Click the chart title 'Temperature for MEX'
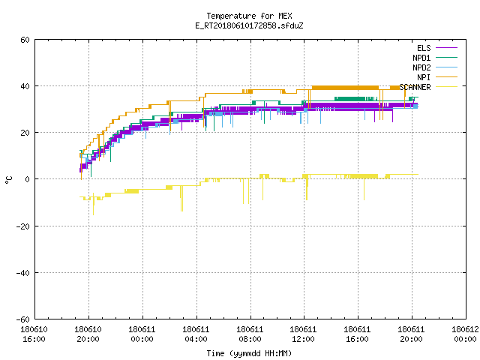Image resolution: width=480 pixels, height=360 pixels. click(249, 16)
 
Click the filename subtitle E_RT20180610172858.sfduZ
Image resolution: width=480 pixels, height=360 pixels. click(249, 25)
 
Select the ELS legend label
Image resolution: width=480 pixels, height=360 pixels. click(424, 48)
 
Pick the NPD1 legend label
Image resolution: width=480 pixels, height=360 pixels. click(421, 58)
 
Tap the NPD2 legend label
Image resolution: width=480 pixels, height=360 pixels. click(421, 67)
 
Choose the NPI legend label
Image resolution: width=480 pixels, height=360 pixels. click(424, 77)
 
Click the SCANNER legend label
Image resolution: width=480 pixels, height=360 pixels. click(415, 87)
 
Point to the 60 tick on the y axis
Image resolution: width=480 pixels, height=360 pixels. click(25, 40)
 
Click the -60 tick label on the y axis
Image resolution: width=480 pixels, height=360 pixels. click(23, 319)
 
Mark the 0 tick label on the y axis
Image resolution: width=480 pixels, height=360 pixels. click(28, 179)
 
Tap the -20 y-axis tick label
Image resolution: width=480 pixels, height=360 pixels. click(23, 226)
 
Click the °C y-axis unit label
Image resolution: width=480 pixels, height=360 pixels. click(8, 180)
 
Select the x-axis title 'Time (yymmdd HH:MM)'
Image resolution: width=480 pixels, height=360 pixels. click(249, 353)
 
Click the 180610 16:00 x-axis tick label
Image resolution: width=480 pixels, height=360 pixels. click(34, 334)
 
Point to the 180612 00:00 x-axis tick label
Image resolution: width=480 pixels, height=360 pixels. click(465, 334)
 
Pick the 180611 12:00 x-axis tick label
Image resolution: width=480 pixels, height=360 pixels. click(303, 334)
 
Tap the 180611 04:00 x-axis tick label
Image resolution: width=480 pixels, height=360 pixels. click(196, 334)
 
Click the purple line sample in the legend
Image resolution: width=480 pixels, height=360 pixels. click(446, 48)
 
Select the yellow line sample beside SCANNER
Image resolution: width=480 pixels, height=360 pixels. click(446, 87)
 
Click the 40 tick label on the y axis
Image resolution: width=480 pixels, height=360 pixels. click(25, 86)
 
